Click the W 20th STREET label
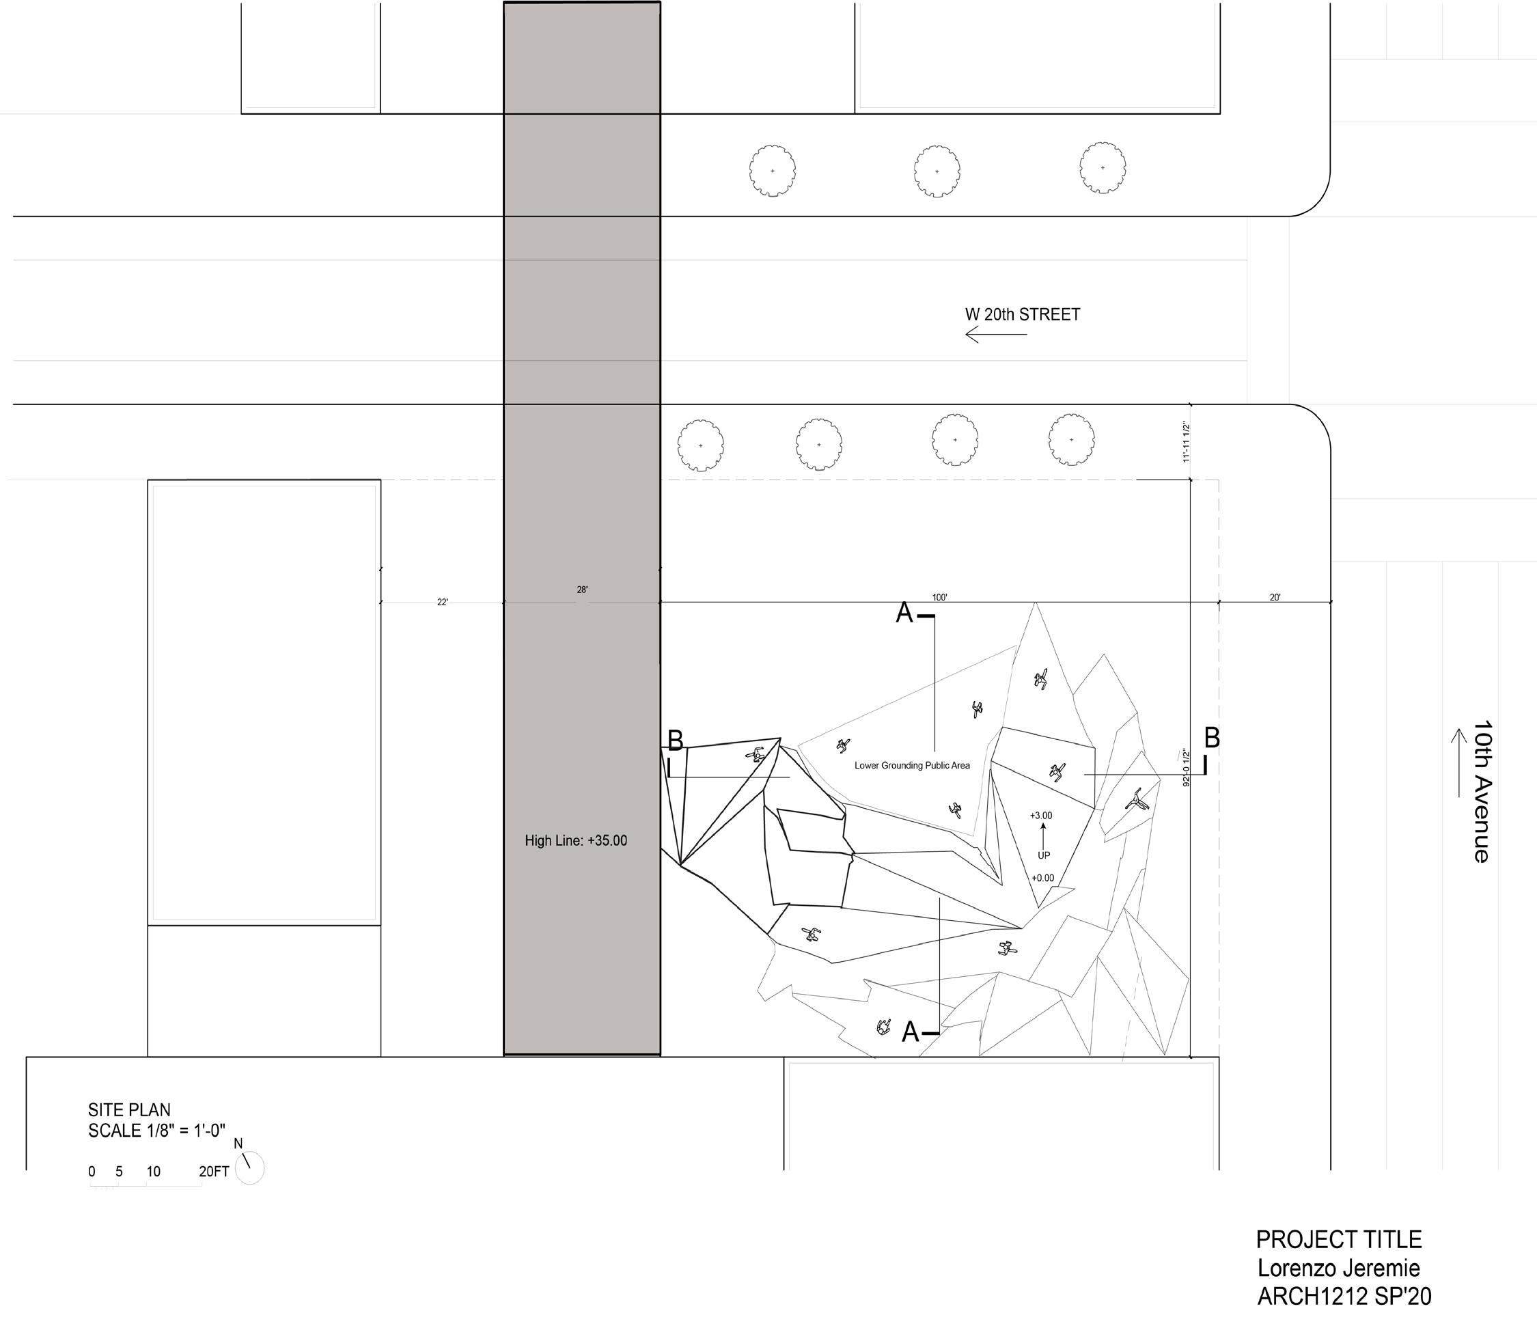pyautogui.click(x=1022, y=314)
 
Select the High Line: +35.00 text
pyautogui.click(x=575, y=840)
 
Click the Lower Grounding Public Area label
pyautogui.click(x=911, y=766)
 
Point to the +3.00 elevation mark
pyautogui.click(x=1041, y=815)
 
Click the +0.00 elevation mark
pyautogui.click(x=1042, y=878)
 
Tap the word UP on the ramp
pyautogui.click(x=1043, y=855)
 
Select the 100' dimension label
pyautogui.click(x=940, y=597)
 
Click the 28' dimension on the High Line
pyautogui.click(x=582, y=590)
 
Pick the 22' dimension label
pyautogui.click(x=442, y=602)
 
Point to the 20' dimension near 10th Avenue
pyautogui.click(x=1275, y=597)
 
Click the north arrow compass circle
pyautogui.click(x=250, y=1168)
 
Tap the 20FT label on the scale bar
pyautogui.click(x=213, y=1172)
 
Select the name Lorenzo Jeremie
pyautogui.click(x=1338, y=1268)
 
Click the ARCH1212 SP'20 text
pyautogui.click(x=1344, y=1296)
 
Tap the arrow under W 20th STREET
pyautogui.click(x=995, y=335)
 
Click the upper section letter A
pyautogui.click(x=904, y=613)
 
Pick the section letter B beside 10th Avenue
pyautogui.click(x=1211, y=738)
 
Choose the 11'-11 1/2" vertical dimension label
pyautogui.click(x=1186, y=442)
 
